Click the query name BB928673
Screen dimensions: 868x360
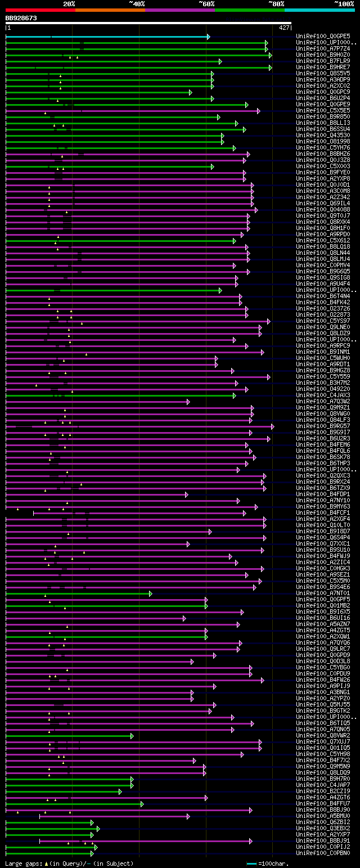click(x=21, y=18)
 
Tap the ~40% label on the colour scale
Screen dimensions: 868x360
click(x=137, y=3)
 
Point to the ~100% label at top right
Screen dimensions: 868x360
click(x=344, y=3)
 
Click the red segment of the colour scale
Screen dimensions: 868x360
click(x=40, y=10)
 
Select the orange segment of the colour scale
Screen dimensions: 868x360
click(x=110, y=10)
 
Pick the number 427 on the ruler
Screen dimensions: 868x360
click(x=284, y=27)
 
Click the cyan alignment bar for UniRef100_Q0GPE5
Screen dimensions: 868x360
click(x=107, y=37)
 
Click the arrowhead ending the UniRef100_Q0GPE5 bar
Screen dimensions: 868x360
click(x=208, y=37)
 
